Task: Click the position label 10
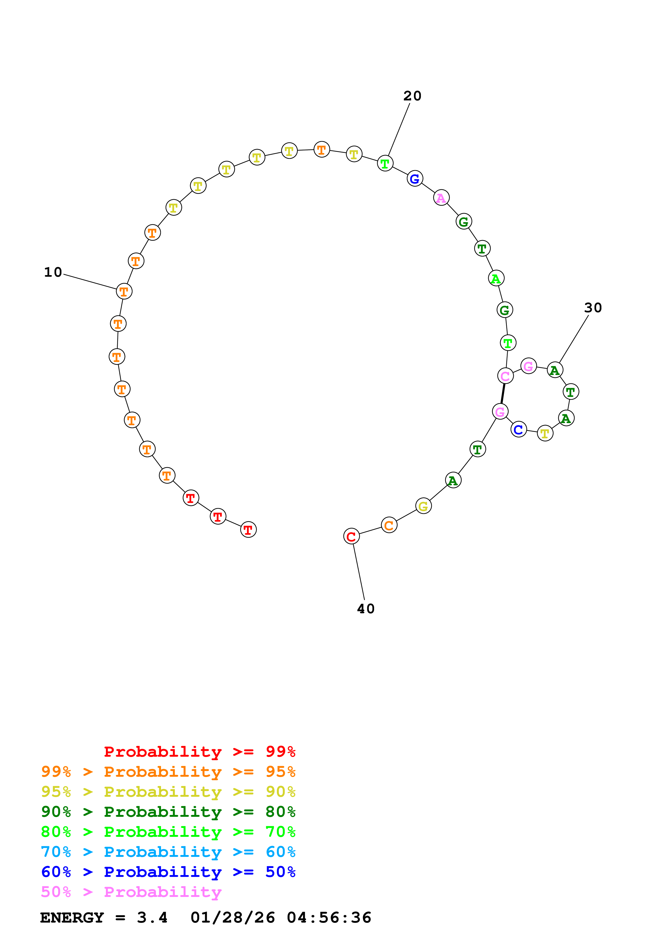coord(53,272)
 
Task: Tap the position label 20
coord(412,96)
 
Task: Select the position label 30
coord(593,308)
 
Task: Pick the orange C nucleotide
coord(389,525)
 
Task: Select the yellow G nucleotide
coord(423,506)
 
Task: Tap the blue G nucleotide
coord(415,178)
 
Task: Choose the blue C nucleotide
coord(518,429)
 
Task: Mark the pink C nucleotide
coord(505,376)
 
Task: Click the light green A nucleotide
coord(496,278)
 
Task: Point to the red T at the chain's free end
coord(248,530)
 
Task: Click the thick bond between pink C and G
coord(503,394)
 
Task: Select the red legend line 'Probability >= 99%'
coord(199,751)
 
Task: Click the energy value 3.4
coord(152,918)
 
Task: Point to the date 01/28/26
coord(232,918)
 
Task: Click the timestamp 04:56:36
coord(329,918)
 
